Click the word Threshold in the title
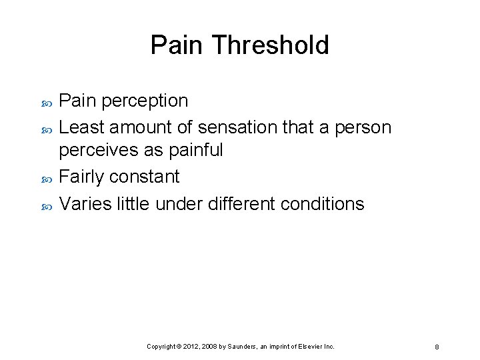coord(271,45)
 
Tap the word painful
coord(195,150)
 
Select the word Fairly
coord(82,177)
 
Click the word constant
coord(149,177)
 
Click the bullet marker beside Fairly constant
coord(46,178)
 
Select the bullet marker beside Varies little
coord(46,205)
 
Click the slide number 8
coord(436,347)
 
